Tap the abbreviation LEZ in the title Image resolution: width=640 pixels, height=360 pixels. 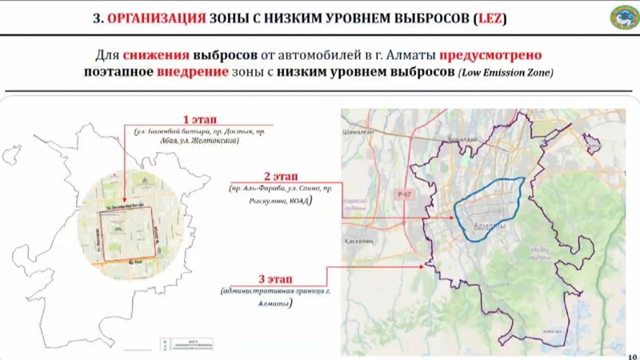pyautogui.click(x=493, y=17)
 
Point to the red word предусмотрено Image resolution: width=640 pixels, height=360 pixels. pyautogui.click(x=490, y=56)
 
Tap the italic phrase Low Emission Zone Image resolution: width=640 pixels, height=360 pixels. pyautogui.click(x=506, y=74)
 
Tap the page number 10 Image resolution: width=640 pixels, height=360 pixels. pyautogui.click(x=633, y=355)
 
